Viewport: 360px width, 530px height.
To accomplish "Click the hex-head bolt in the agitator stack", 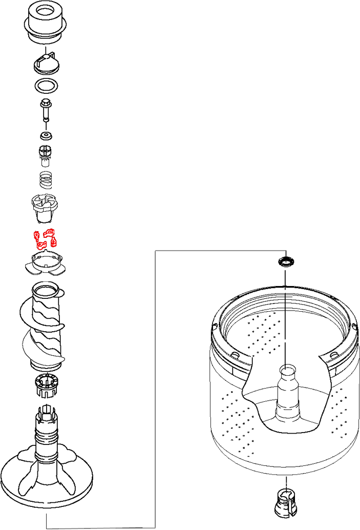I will [46, 109].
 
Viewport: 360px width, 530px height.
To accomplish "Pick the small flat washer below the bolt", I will [47, 137].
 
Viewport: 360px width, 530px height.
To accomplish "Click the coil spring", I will [46, 179].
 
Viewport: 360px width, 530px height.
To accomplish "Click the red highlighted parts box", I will [46, 239].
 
